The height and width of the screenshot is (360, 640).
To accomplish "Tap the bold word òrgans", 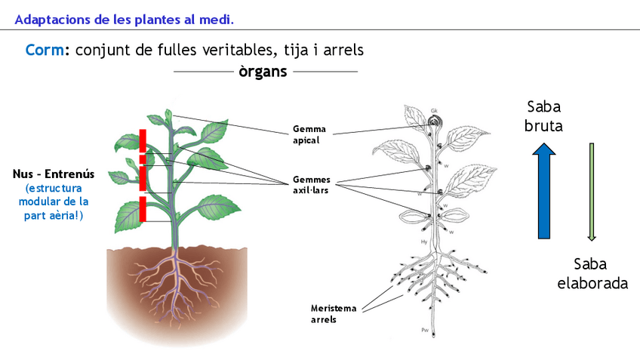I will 263,72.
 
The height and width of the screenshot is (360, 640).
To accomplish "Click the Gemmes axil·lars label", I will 313,186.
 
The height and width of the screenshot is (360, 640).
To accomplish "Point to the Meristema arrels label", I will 333,313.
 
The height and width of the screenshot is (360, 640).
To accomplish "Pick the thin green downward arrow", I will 592,192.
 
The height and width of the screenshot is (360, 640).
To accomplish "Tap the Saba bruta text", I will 543,116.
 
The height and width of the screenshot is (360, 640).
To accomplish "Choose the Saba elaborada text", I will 592,274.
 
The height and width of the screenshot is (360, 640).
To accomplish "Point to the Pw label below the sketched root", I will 426,331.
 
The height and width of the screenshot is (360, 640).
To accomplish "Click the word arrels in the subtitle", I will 340,51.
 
